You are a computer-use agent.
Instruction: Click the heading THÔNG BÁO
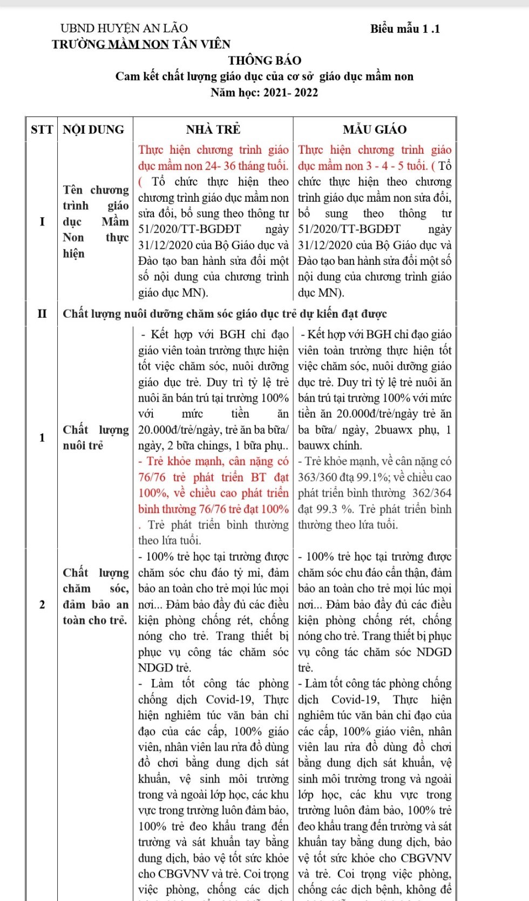point(264,60)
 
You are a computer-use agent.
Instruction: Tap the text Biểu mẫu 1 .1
point(405,29)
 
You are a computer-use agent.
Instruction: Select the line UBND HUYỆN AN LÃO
point(124,28)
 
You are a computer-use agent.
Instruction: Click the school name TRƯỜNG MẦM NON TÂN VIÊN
point(141,44)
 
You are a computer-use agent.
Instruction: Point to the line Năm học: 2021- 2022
point(264,92)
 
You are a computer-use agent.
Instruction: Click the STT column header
point(42,129)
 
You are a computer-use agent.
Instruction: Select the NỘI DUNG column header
point(93,129)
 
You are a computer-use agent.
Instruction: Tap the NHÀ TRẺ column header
point(213,129)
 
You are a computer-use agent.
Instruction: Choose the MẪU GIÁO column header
point(375,129)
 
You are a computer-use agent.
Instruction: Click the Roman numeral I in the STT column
point(42,222)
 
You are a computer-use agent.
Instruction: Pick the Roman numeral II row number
point(42,314)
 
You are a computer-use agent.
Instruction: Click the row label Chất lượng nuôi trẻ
point(96,438)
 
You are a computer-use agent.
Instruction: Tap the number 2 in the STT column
point(42,604)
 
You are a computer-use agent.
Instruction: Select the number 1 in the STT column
point(42,438)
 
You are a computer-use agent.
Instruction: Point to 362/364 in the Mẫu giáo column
point(432,493)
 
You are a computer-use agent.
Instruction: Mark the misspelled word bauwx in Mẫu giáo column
point(313,446)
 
